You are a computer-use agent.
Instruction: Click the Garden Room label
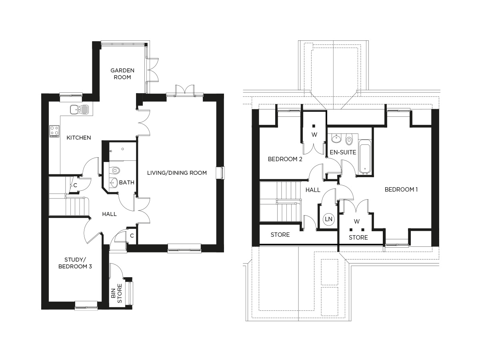point(122,74)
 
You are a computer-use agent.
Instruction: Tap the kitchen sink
point(79,109)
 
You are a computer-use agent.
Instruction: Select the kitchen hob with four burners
point(54,131)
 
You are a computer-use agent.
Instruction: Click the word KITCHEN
point(79,138)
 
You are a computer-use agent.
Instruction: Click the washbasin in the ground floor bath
point(113,182)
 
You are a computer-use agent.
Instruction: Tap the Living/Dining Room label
point(177,173)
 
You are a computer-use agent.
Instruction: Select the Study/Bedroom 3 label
point(75,263)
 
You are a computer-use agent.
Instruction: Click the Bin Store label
point(116,293)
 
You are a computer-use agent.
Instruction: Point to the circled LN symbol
point(328,219)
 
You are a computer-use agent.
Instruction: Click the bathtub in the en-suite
point(365,157)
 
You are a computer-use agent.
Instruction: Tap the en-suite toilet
point(349,140)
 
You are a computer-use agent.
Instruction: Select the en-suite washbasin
point(336,138)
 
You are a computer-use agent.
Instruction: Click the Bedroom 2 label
point(285,159)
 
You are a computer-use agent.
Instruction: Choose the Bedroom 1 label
point(401,190)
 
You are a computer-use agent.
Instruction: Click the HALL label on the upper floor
point(313,190)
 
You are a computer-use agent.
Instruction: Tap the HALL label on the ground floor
point(109,214)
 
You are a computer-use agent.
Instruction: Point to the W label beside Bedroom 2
point(314,135)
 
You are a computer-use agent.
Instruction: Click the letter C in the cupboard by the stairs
point(75,185)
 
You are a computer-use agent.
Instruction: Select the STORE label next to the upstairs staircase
point(280,235)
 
